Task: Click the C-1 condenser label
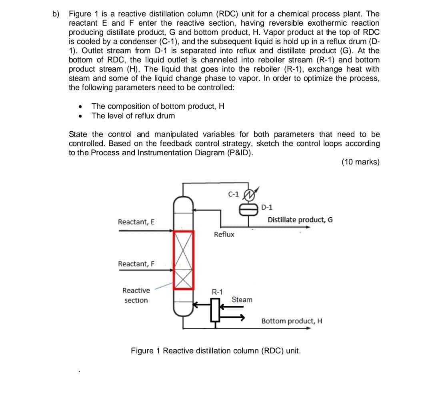[x=233, y=194]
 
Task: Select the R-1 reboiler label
[x=218, y=292]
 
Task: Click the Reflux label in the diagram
[x=224, y=235]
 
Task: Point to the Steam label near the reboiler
[x=242, y=299]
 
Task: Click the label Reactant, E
[x=136, y=222]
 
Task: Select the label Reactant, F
[x=136, y=264]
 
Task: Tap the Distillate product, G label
[x=300, y=220]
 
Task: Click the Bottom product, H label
[x=292, y=321]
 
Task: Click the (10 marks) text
[x=360, y=162]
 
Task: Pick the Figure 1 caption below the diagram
[x=216, y=351]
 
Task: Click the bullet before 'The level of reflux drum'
[x=81, y=116]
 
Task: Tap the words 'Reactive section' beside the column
[x=136, y=295]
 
